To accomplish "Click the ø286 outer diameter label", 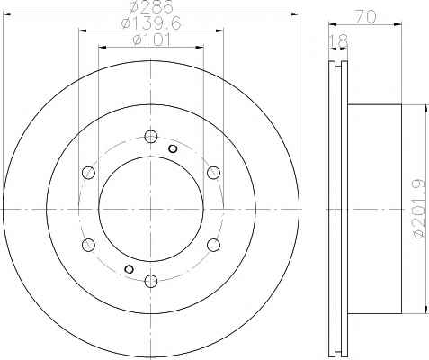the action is click(151, 6).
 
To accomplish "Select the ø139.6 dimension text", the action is click(151, 23).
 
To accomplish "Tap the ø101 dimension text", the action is click(151, 40).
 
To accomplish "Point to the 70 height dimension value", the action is click(365, 17).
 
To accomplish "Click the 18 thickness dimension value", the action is click(339, 41).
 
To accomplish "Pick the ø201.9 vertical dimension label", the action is click(419, 209).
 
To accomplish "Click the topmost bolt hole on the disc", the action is click(151, 137).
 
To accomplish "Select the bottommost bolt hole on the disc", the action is click(151, 281).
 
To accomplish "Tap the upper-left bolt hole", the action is click(88, 173).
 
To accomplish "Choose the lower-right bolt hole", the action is click(213, 245).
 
